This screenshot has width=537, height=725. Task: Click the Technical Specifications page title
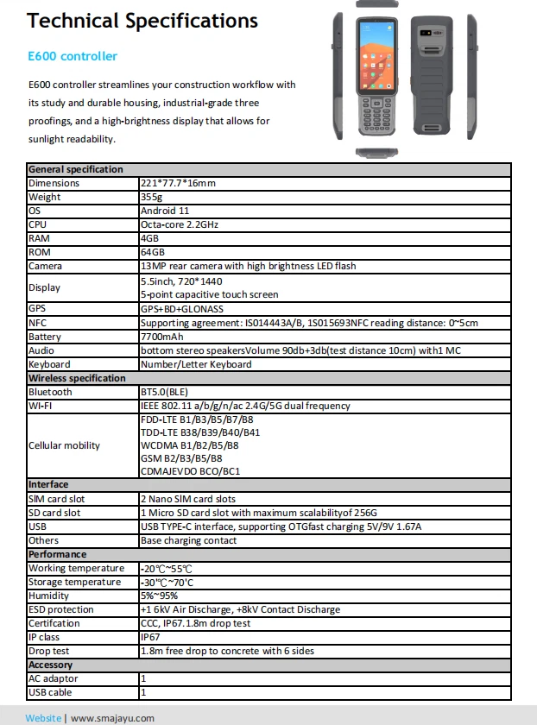(x=142, y=21)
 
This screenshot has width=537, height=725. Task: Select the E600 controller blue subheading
(x=73, y=56)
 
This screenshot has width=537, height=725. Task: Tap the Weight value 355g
(x=152, y=197)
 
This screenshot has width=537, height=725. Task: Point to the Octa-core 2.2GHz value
(x=180, y=224)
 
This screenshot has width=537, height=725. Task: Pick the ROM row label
(x=40, y=252)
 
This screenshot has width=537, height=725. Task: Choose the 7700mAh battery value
(x=161, y=337)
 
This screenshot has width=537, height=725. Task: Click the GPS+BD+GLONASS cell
(x=181, y=308)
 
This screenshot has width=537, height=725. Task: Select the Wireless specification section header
(x=77, y=378)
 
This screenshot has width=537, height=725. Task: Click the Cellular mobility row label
(x=64, y=445)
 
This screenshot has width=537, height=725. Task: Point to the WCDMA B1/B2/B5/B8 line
(x=189, y=445)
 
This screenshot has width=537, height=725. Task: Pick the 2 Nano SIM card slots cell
(x=187, y=499)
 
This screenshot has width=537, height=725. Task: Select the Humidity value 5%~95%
(x=161, y=596)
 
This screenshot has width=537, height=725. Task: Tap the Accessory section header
(x=50, y=665)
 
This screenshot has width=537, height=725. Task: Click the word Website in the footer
(x=43, y=718)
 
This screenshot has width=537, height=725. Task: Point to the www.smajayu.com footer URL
(x=112, y=718)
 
